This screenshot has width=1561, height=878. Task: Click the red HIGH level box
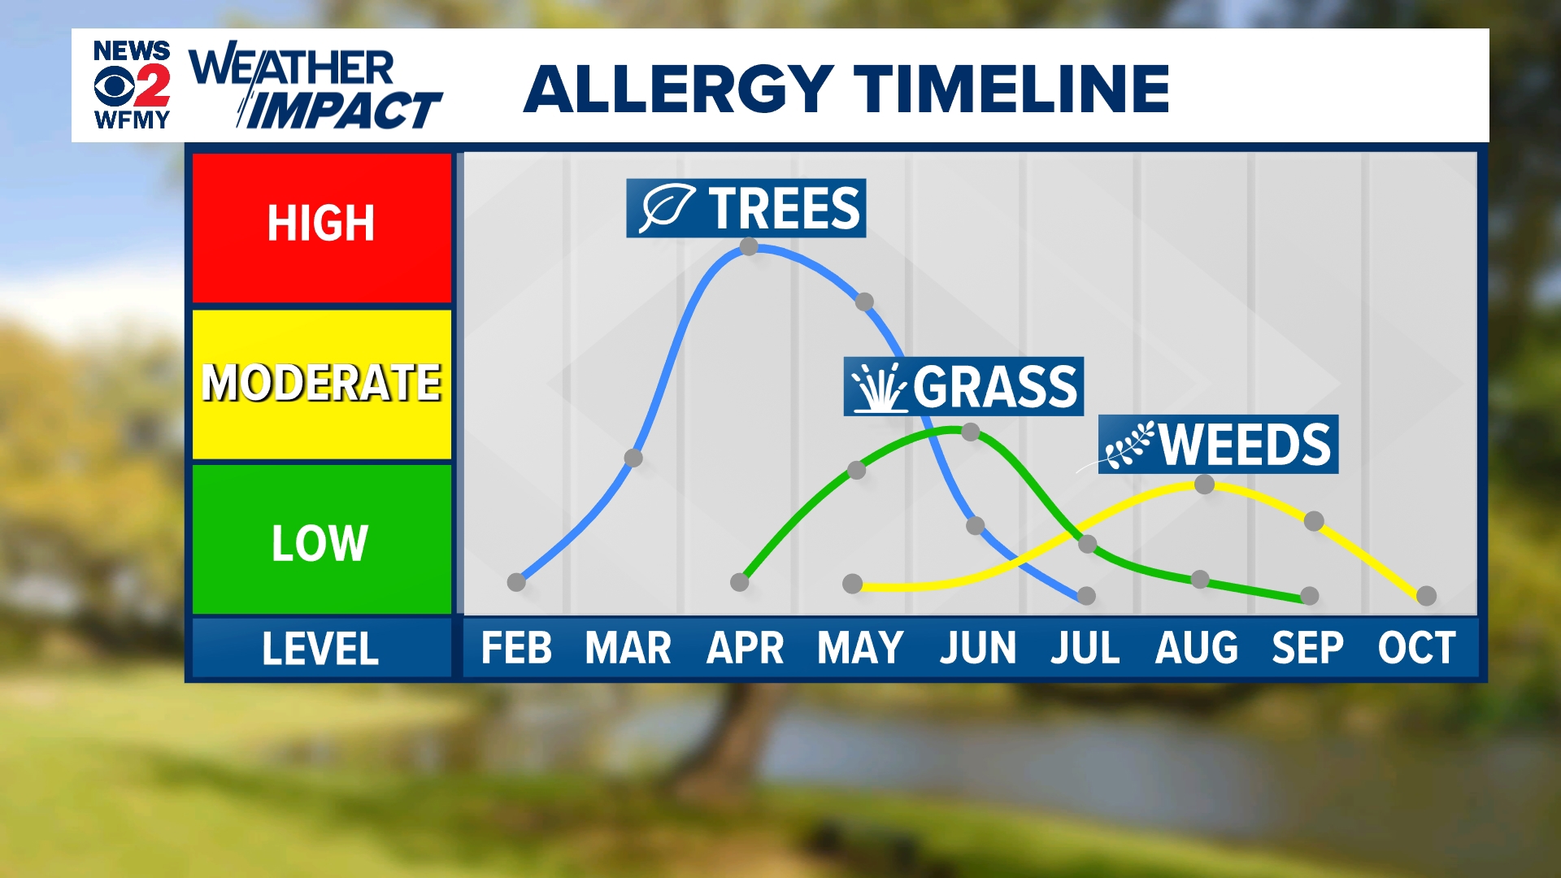(x=322, y=228)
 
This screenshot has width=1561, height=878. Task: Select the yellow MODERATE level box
(x=322, y=384)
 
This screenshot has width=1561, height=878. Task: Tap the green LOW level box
(x=322, y=539)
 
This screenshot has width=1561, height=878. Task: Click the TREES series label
(x=746, y=208)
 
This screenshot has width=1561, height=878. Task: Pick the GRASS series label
(x=963, y=386)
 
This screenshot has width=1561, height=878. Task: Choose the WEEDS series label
(x=1218, y=445)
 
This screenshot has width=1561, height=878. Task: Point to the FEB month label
(x=516, y=648)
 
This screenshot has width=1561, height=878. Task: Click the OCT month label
(x=1416, y=648)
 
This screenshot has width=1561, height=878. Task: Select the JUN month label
(x=977, y=648)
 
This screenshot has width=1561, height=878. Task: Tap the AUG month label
(x=1197, y=648)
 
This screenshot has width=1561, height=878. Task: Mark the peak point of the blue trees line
(x=750, y=246)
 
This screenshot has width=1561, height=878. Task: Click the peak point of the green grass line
(x=970, y=432)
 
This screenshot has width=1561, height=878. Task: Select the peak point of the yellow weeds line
(x=1205, y=485)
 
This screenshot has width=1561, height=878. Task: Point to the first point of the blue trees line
(x=516, y=582)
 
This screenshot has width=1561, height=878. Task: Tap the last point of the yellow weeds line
(x=1426, y=596)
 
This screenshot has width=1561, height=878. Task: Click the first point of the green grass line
(x=739, y=582)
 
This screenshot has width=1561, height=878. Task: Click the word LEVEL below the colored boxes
(x=320, y=649)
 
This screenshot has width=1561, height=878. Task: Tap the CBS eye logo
(x=114, y=86)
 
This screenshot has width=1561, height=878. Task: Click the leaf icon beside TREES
(x=666, y=208)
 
